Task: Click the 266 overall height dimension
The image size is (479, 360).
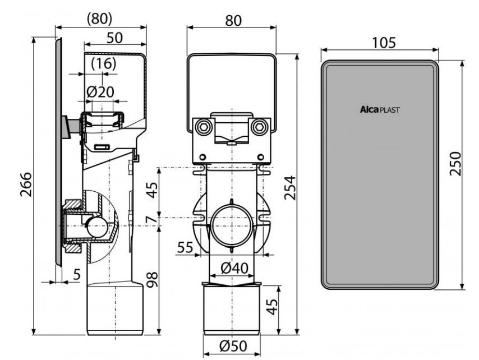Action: [26, 184]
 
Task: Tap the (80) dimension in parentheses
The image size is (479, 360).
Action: [100, 19]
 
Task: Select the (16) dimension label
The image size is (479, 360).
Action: [104, 63]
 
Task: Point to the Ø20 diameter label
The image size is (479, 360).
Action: [100, 91]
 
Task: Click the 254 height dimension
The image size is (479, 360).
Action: [289, 187]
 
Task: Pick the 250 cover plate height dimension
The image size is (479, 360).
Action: [455, 163]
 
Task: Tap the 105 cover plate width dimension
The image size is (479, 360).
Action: [384, 43]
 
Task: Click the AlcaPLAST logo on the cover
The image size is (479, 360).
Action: [379, 109]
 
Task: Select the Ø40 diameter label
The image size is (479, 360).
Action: [234, 268]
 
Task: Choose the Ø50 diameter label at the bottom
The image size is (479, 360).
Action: [233, 346]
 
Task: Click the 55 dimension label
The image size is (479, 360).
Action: [186, 247]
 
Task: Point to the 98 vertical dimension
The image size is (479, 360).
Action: [153, 279]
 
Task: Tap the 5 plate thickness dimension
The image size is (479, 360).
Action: [77, 275]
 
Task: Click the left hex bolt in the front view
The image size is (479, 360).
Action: [202, 126]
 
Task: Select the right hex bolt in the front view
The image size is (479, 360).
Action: [260, 126]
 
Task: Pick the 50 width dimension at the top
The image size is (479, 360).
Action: [114, 38]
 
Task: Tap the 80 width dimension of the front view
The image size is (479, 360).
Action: [233, 20]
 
